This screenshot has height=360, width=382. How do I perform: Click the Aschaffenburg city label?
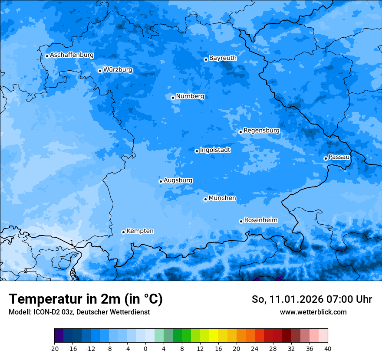(x=72, y=55)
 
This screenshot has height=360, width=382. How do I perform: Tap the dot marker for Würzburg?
(x=100, y=71)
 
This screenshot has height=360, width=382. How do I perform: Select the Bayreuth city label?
(x=223, y=58)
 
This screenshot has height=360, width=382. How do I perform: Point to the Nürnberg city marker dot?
(x=173, y=98)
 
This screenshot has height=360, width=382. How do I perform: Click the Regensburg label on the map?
(x=261, y=130)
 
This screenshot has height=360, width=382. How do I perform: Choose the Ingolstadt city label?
(x=215, y=150)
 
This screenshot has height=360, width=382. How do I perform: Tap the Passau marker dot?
(x=326, y=158)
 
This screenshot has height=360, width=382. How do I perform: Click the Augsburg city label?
(x=178, y=180)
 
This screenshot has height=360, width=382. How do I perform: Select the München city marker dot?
(x=205, y=199)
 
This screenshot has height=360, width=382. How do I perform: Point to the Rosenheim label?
(x=260, y=220)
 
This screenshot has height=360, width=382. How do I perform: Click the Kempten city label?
(x=140, y=231)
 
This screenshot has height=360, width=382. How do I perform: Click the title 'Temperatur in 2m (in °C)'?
(x=86, y=299)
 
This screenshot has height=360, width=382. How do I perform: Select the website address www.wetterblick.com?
(x=313, y=312)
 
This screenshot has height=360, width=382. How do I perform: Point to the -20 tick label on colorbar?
(x=54, y=348)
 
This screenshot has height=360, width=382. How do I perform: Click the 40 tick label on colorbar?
(x=328, y=348)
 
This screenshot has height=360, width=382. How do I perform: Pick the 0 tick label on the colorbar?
(x=145, y=348)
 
